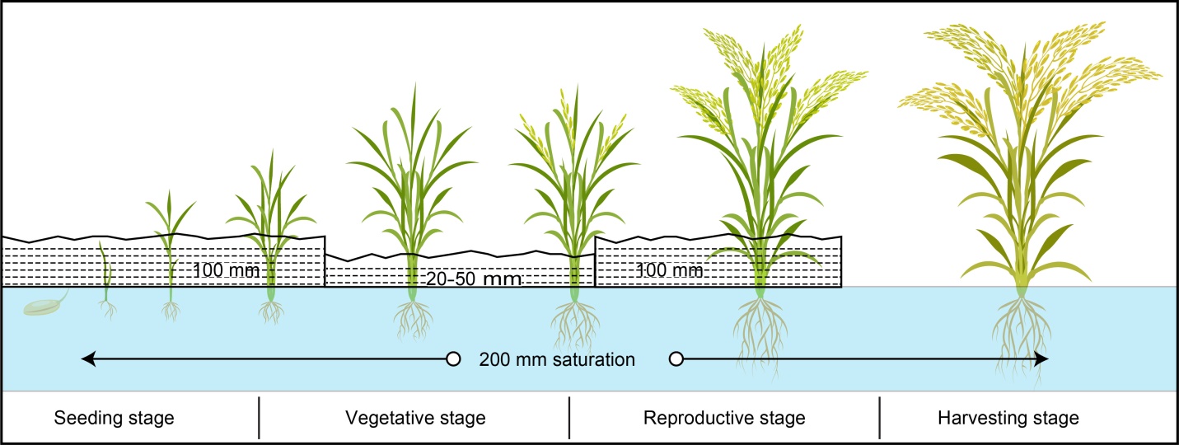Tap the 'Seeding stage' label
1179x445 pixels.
tap(115, 418)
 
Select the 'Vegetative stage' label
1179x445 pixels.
tap(414, 418)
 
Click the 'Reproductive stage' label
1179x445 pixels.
tap(723, 418)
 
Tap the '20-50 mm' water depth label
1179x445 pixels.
tap(474, 279)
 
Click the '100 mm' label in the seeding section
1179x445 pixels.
tap(227, 269)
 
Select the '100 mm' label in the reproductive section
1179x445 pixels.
tap(670, 269)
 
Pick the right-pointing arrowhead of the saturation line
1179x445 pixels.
tap(1042, 359)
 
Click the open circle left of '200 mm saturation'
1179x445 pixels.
tap(452, 359)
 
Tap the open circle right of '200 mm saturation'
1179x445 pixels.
tap(676, 359)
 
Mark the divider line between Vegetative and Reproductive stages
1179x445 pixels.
tap(569, 418)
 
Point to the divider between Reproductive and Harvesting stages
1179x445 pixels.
tap(880, 418)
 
